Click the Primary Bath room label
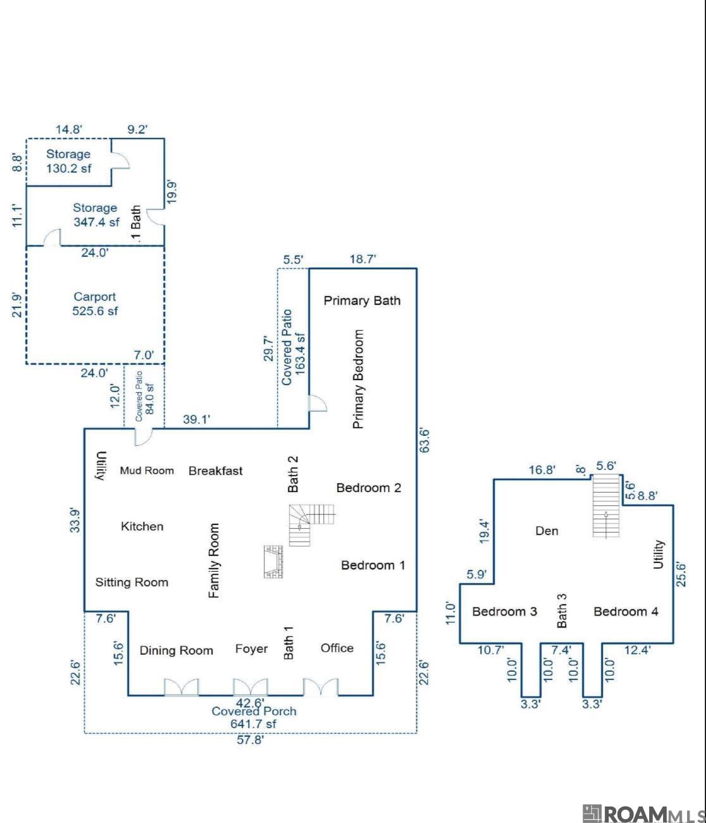click(362, 300)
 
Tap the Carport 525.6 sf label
click(95, 304)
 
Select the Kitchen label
click(142, 526)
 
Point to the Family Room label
click(214, 560)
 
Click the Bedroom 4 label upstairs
click(626, 611)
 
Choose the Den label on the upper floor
click(547, 531)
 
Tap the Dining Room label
click(176, 650)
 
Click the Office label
click(337, 648)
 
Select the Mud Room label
click(147, 471)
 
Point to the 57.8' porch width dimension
click(250, 739)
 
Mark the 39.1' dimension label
click(197, 419)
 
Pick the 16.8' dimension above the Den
click(542, 469)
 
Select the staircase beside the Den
click(606, 506)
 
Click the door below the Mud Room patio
click(144, 436)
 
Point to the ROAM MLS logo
click(643, 813)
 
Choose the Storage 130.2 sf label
click(68, 161)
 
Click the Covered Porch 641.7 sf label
click(254, 717)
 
